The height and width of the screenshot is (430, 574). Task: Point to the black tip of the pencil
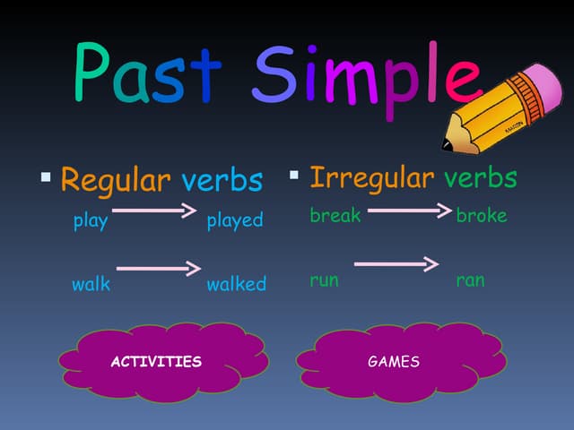pos(447,143)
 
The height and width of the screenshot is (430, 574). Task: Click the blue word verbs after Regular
pos(222,180)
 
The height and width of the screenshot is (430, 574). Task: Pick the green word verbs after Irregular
pos(480,177)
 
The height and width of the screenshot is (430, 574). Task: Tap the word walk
pos(91,285)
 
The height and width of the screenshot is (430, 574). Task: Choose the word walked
pos(236,285)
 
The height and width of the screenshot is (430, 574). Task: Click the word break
pos(335,216)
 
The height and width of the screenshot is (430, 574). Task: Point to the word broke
pos(482,216)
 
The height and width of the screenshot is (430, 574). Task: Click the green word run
pos(324,280)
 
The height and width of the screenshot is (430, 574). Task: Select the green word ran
pos(470,280)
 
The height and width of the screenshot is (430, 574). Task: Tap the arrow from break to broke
pos(409,211)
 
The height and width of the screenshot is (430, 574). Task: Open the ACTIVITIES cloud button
pos(155,362)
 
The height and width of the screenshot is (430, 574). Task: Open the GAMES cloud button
pos(393,362)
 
